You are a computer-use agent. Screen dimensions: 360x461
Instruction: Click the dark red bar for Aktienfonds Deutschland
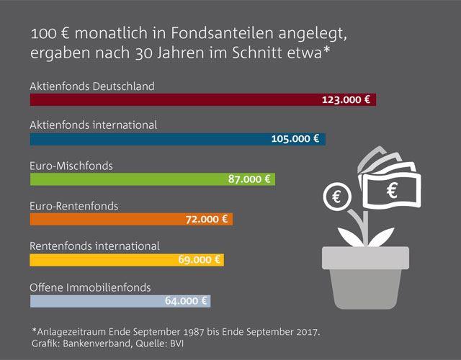pos(173,99)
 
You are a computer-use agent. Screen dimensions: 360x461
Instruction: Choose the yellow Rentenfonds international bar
pos(101,260)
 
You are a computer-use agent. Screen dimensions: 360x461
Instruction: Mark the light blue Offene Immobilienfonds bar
pos(94,300)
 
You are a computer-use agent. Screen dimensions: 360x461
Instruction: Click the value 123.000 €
pos(346,99)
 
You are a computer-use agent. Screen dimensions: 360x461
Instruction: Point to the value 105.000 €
pos(295,139)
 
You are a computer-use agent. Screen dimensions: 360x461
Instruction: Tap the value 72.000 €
pos(206,220)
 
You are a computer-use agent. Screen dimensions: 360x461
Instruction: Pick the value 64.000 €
pos(184,300)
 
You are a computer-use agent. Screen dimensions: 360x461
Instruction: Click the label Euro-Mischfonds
pos(71,166)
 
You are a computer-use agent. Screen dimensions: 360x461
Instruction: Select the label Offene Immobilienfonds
pos(90,287)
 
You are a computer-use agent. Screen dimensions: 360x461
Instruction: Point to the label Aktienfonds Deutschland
pos(91,86)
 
